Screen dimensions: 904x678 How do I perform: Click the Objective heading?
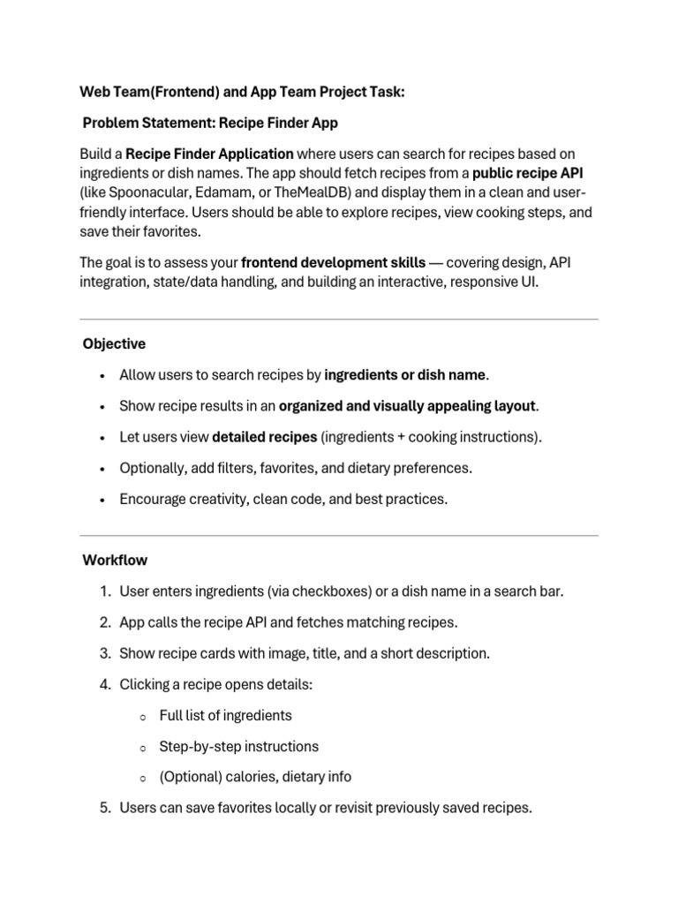pyautogui.click(x=114, y=343)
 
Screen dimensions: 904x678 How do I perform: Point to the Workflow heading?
pyautogui.click(x=115, y=560)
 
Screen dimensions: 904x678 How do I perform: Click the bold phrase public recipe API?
pyautogui.click(x=528, y=172)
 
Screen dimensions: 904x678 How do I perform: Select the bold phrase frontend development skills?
pyautogui.click(x=333, y=262)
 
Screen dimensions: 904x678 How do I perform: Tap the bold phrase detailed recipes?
pyautogui.click(x=265, y=436)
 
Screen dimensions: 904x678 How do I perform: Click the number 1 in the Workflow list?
pyautogui.click(x=104, y=591)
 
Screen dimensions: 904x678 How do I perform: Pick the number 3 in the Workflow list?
pyautogui.click(x=104, y=653)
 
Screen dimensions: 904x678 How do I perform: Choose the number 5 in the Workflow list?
pyautogui.click(x=104, y=808)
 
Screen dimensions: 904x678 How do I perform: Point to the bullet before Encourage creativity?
pyautogui.click(x=103, y=500)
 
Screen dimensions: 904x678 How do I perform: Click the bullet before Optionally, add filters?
pyautogui.click(x=103, y=469)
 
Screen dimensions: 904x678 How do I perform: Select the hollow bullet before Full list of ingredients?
pyautogui.click(x=142, y=717)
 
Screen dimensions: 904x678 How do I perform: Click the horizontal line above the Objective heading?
pyautogui.click(x=339, y=319)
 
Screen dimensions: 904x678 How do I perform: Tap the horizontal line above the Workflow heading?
pyautogui.click(x=339, y=535)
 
